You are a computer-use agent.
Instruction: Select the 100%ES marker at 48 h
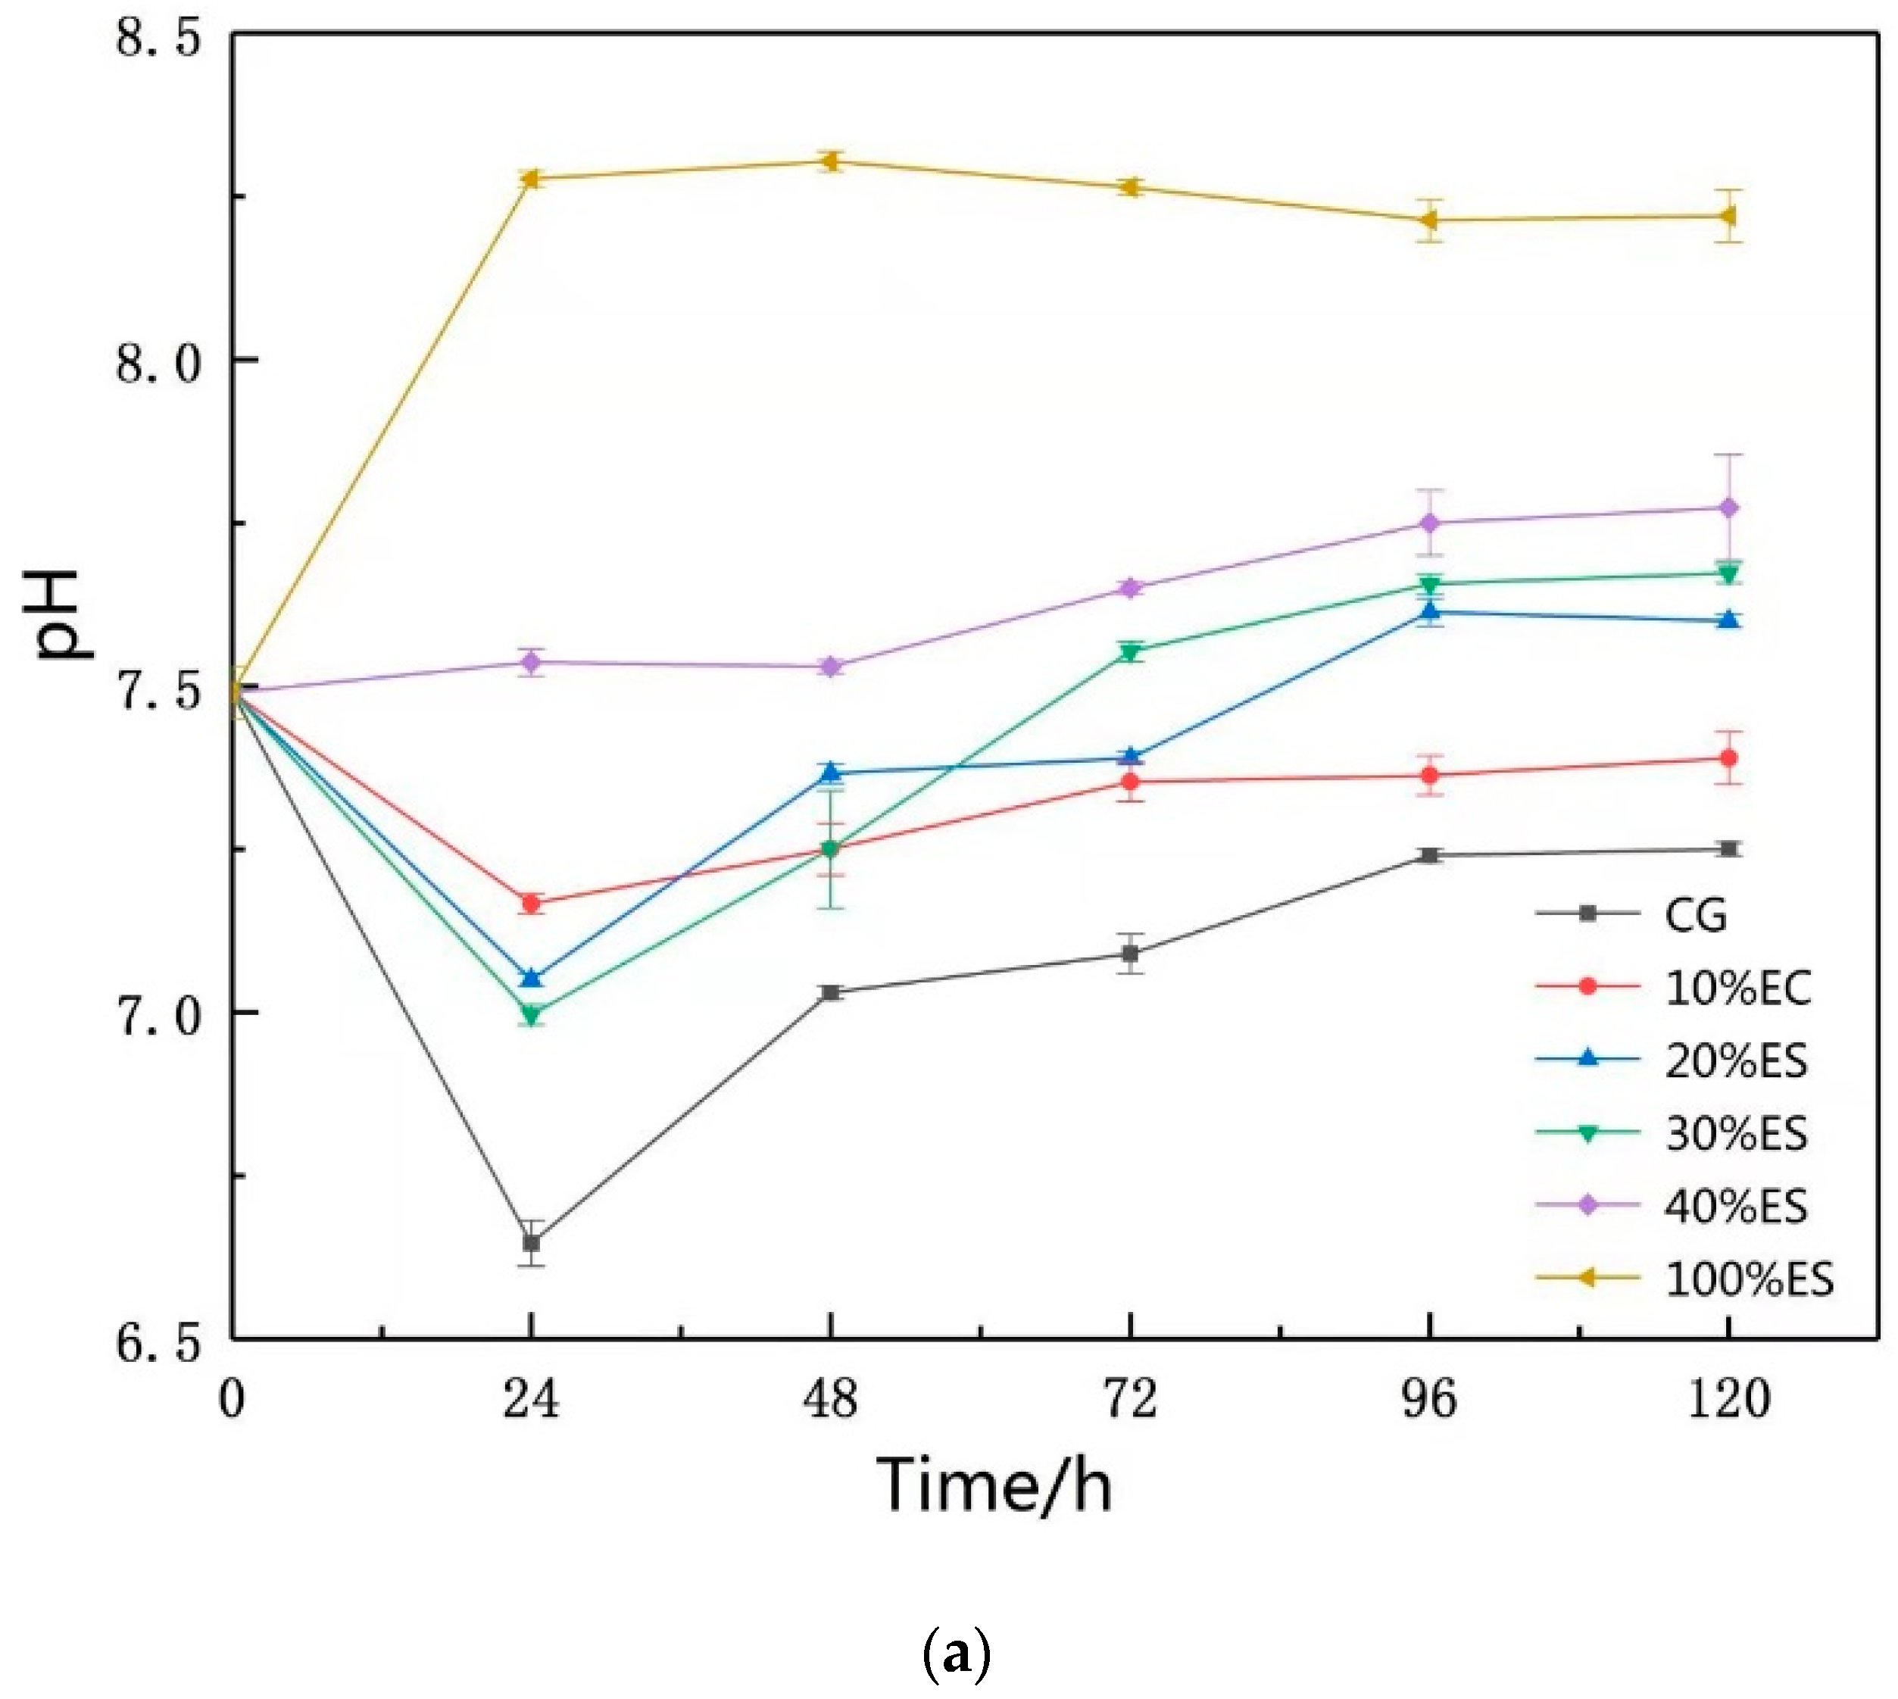(830, 161)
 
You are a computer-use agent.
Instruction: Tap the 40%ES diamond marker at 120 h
(1728, 508)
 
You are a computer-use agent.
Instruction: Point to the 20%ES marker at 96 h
(1428, 611)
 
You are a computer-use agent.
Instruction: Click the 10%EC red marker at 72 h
(1130, 782)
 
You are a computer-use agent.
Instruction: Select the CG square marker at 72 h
(1130, 953)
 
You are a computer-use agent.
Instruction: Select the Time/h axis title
(994, 1485)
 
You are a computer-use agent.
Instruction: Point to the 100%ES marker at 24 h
(531, 177)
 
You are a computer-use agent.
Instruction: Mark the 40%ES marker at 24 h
(531, 662)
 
